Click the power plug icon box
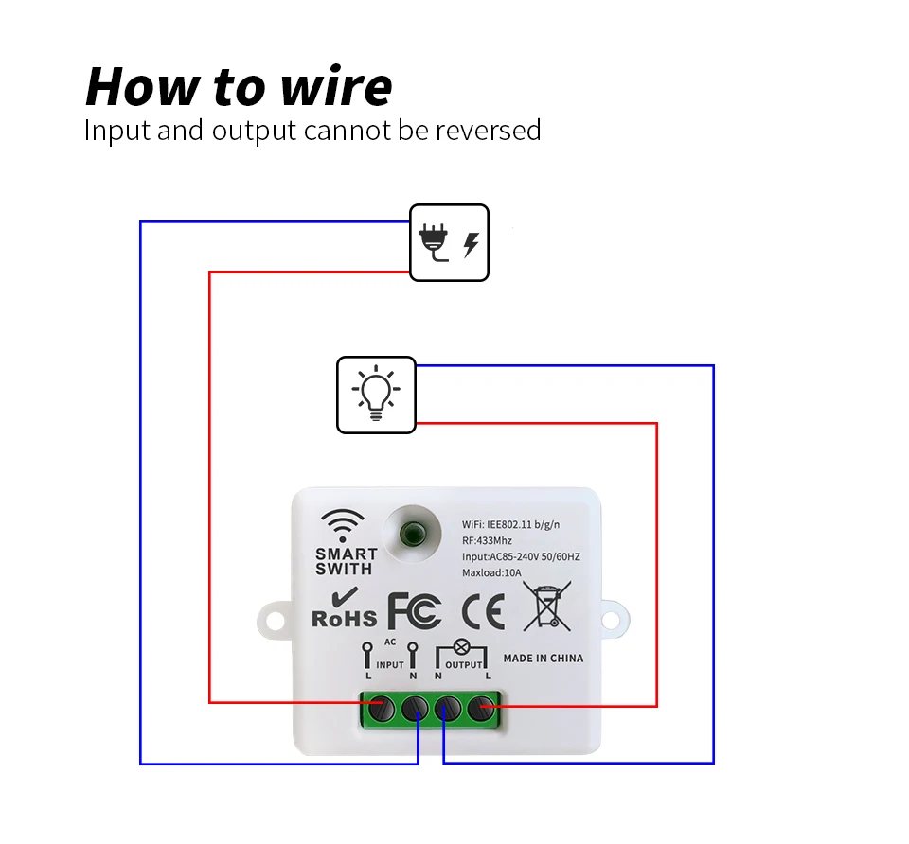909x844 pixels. click(x=449, y=243)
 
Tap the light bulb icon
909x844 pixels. click(x=376, y=394)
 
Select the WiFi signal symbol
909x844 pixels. click(x=343, y=525)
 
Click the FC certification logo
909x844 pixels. click(x=415, y=611)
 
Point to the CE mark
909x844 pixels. click(x=484, y=612)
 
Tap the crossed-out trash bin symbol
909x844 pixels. click(x=546, y=606)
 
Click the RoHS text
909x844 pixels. click(x=345, y=619)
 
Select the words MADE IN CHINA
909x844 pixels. click(x=544, y=658)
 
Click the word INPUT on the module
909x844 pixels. click(x=390, y=665)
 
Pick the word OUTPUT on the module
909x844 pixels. click(x=464, y=665)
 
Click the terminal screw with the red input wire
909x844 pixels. click(x=382, y=708)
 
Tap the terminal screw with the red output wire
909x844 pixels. click(x=481, y=708)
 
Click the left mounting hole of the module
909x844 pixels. click(x=275, y=621)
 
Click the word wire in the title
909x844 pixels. click(x=336, y=86)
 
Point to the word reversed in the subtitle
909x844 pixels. click(x=489, y=130)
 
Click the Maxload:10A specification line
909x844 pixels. click(x=491, y=572)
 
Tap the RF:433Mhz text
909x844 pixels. click(x=487, y=540)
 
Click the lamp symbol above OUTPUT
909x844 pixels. click(x=461, y=647)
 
